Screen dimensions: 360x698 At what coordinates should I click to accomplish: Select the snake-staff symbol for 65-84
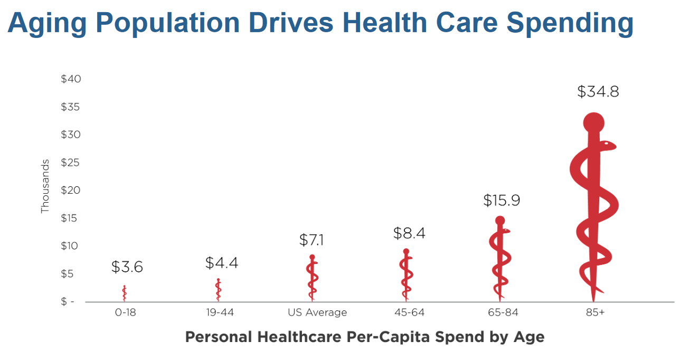499,259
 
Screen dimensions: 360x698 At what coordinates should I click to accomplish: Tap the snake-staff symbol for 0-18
125,293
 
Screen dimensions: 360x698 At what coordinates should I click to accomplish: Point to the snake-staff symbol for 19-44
218,290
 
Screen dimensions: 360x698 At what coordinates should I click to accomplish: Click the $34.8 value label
598,92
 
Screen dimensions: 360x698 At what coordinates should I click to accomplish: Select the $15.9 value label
502,201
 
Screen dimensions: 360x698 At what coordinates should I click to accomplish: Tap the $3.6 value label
127,267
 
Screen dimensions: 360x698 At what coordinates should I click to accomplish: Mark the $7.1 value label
312,240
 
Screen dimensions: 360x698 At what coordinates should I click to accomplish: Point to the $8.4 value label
409,233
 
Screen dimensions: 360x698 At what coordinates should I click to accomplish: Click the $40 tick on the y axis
71,79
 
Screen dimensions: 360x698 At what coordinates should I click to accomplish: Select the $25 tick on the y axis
71,163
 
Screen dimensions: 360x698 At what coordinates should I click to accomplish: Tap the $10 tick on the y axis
71,246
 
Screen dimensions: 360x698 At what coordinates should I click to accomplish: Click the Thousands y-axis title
45,186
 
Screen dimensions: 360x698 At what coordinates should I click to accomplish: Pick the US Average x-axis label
317,312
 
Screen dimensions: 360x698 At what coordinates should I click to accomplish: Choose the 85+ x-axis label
595,312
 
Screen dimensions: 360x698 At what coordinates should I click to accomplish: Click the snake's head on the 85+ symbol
609,144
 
